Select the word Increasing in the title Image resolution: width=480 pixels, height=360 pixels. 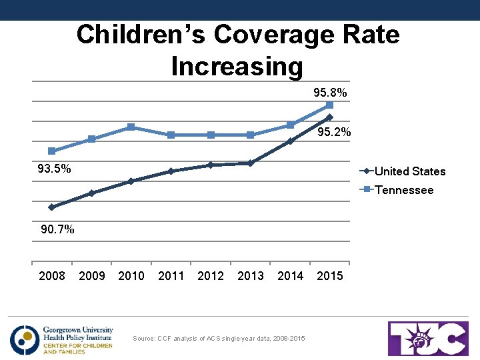(x=237, y=67)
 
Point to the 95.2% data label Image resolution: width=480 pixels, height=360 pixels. (x=334, y=133)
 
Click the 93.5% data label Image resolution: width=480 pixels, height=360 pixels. (x=54, y=169)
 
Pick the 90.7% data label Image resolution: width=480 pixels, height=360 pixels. (x=57, y=230)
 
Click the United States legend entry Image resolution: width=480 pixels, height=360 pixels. (x=409, y=171)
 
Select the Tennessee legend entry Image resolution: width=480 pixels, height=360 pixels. (x=403, y=190)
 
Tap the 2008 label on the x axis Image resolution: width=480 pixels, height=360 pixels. (x=52, y=276)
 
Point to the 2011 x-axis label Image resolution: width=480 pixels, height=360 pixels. (x=171, y=276)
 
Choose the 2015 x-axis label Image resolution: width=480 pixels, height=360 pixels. (x=330, y=276)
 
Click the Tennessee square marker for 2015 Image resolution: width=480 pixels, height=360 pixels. (x=329, y=105)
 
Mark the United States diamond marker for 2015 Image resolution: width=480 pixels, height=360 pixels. (x=329, y=117)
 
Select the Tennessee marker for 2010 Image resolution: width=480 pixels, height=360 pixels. (x=131, y=127)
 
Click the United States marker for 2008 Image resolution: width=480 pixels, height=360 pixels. (x=52, y=207)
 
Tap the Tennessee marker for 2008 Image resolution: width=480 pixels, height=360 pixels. (x=52, y=151)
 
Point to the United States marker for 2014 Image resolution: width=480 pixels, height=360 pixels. (x=290, y=141)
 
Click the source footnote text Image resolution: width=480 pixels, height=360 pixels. (x=219, y=339)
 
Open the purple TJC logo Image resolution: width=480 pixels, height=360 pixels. (x=429, y=339)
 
